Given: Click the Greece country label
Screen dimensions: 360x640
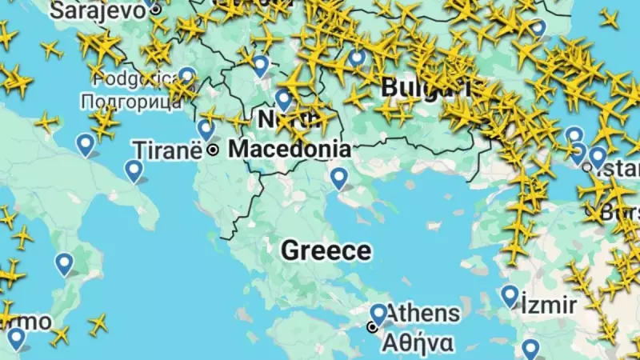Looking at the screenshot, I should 326,250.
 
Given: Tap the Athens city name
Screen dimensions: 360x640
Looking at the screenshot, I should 423,313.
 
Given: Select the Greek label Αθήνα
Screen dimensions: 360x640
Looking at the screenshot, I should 418,342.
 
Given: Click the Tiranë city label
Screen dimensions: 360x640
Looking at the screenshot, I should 168,150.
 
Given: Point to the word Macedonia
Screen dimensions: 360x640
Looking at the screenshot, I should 289,149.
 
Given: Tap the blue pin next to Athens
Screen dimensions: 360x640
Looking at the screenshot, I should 378,314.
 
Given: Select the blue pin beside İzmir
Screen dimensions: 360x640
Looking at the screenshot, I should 510,295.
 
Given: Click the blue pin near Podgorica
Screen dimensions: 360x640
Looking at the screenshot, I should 187,76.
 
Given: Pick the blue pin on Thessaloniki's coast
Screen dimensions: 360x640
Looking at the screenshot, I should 339,178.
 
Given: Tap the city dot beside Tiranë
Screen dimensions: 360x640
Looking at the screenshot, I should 213,150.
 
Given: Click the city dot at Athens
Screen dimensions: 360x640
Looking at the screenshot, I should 372,327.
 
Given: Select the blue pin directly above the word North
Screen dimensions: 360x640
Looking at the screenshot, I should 283,99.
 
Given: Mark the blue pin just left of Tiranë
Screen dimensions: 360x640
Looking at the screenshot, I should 206,129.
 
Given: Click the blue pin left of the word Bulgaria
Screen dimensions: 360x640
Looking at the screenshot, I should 357,58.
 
